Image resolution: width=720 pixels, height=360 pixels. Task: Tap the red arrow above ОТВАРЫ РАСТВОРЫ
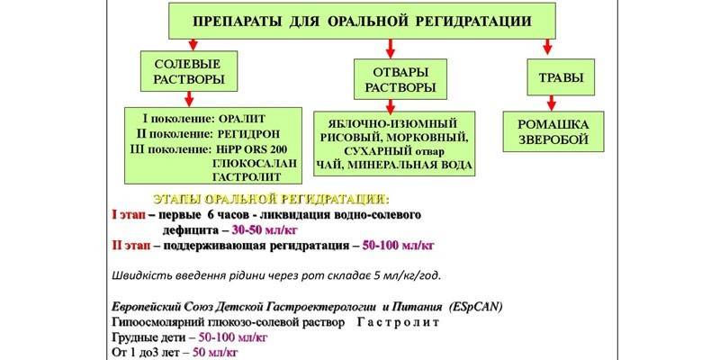(390, 48)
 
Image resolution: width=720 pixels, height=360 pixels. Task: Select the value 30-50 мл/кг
(265, 229)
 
